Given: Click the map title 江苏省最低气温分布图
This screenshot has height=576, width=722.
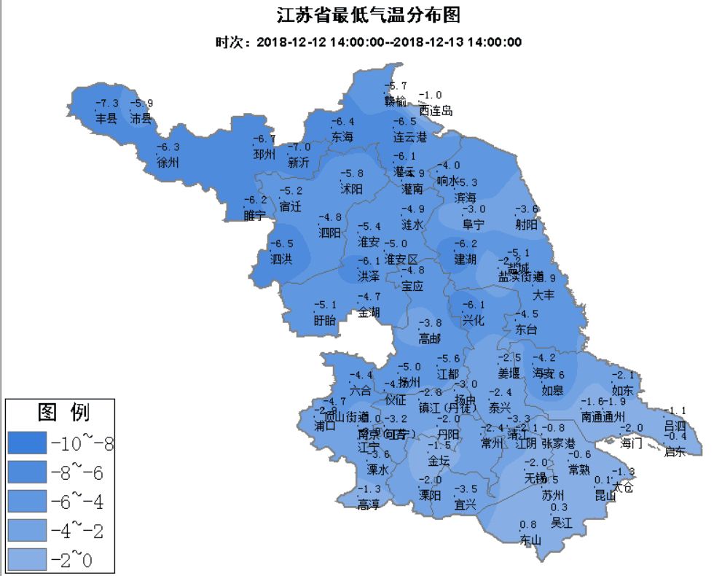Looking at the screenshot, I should (x=369, y=15).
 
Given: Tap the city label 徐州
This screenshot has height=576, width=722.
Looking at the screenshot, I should (x=168, y=163).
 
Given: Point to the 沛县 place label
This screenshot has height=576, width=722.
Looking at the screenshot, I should (x=141, y=117).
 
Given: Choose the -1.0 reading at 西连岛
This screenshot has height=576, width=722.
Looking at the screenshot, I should (x=431, y=96).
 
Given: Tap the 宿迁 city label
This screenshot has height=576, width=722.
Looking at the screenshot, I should (x=290, y=206).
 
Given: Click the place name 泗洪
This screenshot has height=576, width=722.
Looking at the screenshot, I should (x=281, y=259).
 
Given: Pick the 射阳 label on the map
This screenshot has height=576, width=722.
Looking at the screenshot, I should (x=527, y=225).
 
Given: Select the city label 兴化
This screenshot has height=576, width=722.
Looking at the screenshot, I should (x=474, y=319).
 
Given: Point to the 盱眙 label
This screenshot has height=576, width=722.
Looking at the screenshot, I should (x=325, y=319).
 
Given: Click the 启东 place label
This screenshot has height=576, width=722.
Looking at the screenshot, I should (x=675, y=451).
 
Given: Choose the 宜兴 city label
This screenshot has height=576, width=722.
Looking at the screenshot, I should (x=465, y=504).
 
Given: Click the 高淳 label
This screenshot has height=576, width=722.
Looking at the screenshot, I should (x=369, y=504).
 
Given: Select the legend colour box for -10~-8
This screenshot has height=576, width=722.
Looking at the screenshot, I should (x=26, y=443).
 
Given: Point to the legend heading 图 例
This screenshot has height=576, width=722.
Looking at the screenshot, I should (x=63, y=413).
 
